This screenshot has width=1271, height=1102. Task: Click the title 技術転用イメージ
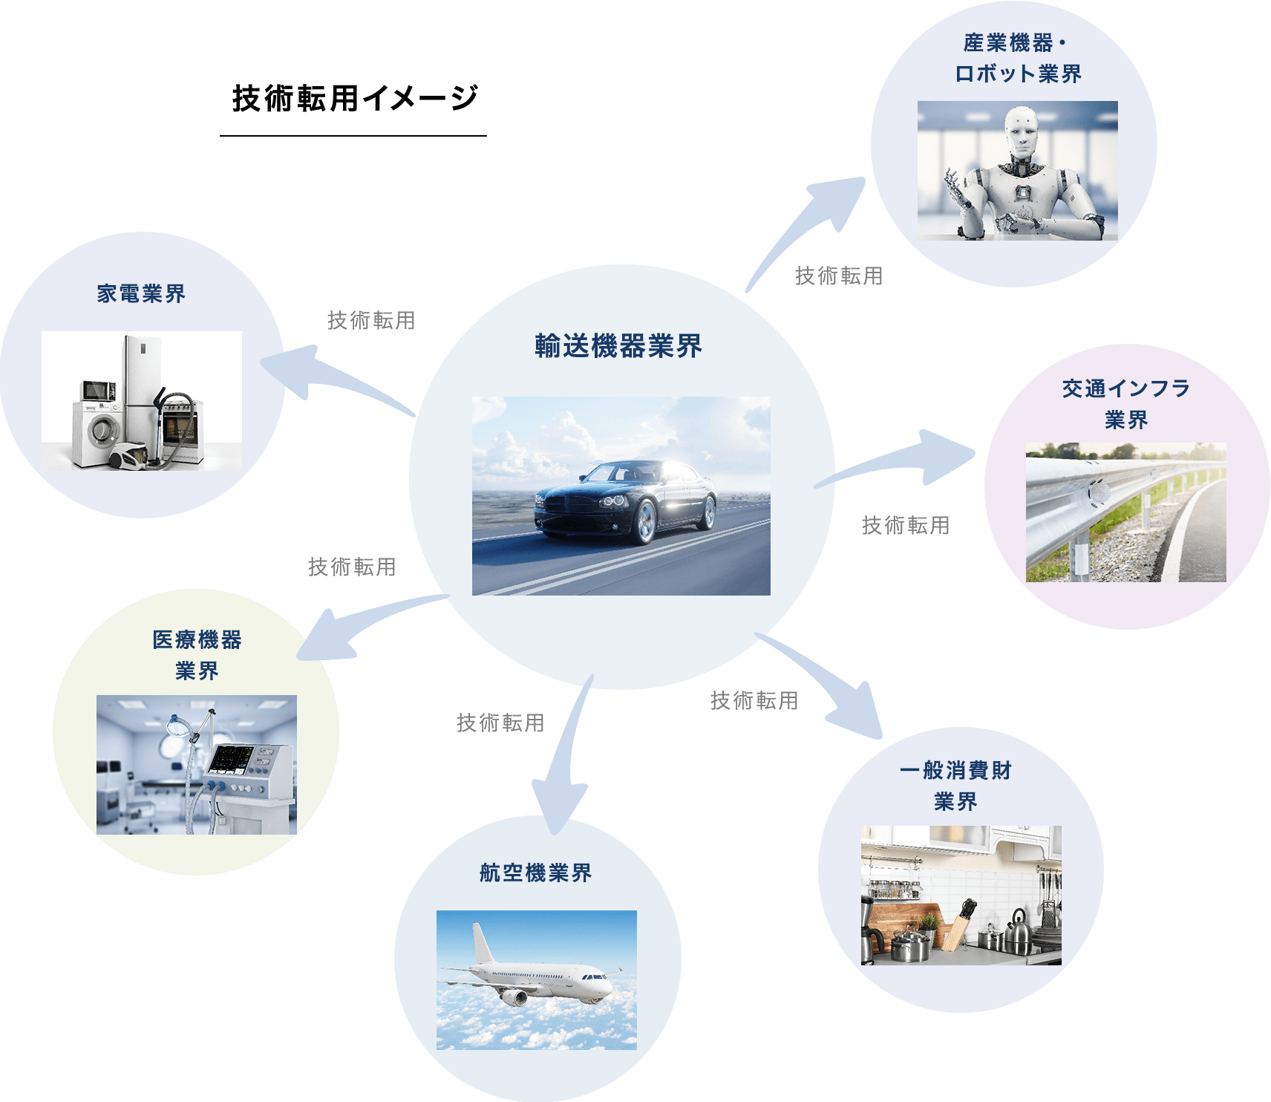(355, 98)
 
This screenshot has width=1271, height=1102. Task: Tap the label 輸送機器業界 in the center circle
(618, 346)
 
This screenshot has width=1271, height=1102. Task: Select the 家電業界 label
(141, 294)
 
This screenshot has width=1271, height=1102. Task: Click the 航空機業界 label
(535, 873)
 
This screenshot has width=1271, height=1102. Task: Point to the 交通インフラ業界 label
(1125, 404)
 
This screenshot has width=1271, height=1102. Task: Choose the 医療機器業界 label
(197, 655)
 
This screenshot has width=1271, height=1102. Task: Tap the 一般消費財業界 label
(955, 786)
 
